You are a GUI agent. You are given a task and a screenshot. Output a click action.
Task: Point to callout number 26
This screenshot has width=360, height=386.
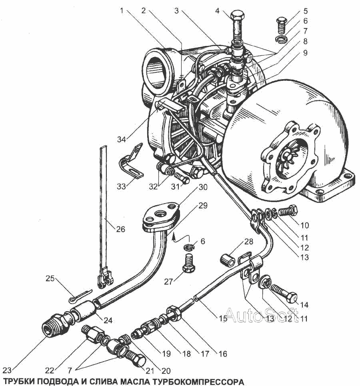[x=120, y=229]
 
